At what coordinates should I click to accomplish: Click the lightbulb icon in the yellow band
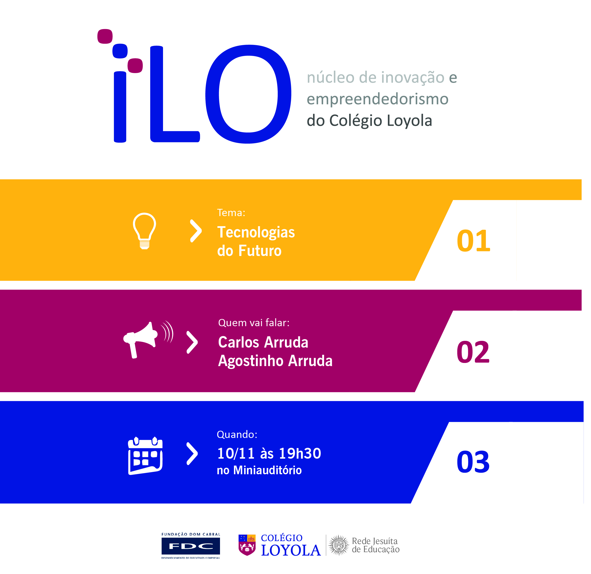tap(145, 231)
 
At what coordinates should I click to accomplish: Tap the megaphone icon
tap(148, 340)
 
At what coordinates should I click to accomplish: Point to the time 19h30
tap(300, 453)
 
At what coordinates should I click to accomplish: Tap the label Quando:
tap(237, 434)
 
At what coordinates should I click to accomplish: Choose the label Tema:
tap(231, 213)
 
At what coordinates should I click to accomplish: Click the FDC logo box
tap(191, 546)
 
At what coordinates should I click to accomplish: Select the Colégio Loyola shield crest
tap(247, 545)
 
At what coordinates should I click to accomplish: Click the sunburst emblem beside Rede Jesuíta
tap(339, 545)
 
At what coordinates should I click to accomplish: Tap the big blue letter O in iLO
tap(248, 94)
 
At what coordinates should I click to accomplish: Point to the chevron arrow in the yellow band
tap(196, 231)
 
